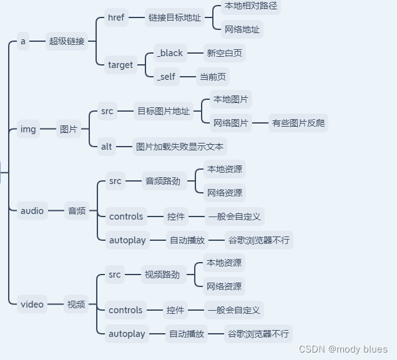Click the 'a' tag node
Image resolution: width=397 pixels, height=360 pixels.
23,42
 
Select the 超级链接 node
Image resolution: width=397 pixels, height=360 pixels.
67,42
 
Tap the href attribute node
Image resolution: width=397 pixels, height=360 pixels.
116,17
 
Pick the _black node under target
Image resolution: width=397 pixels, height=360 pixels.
170,53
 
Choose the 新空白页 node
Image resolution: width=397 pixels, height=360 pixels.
225,53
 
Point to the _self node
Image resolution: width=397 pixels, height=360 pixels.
166,77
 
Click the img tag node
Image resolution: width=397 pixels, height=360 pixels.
28,129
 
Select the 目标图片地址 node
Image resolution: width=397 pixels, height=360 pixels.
164,111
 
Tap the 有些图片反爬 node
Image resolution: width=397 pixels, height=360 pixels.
298,123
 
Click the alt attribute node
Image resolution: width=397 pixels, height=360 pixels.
107,147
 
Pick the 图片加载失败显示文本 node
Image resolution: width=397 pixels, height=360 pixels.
180,147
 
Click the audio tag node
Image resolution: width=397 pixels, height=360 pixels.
32,211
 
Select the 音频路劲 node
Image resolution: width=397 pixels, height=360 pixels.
162,181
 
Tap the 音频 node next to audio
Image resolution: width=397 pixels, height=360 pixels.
77,211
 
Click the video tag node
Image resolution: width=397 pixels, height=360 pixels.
32,304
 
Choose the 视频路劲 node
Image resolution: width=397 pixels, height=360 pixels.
162,275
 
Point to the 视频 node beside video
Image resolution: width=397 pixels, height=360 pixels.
76,304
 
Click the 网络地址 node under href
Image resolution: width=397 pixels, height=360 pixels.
242,29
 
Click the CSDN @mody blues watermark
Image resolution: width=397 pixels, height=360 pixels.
343,349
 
